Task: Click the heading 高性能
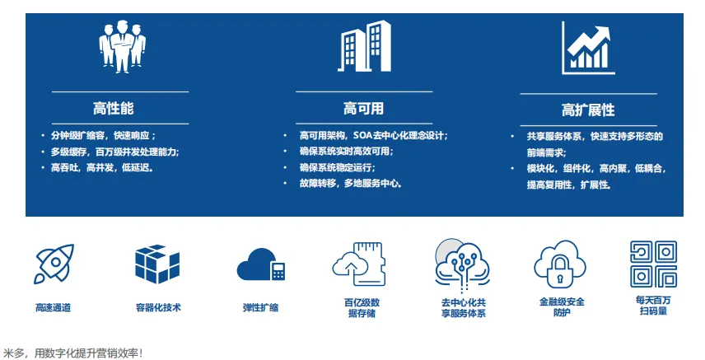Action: click(x=114, y=109)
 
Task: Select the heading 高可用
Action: click(x=364, y=109)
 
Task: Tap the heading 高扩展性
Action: click(x=588, y=110)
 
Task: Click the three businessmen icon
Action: click(x=122, y=46)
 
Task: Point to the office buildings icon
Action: click(x=365, y=46)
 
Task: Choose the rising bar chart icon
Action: click(x=588, y=48)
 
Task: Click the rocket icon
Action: click(x=54, y=264)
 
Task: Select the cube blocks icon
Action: click(x=157, y=264)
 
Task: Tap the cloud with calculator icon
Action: click(x=261, y=264)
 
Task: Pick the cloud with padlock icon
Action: click(x=560, y=264)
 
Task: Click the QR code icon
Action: click(x=653, y=264)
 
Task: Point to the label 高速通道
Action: click(x=53, y=308)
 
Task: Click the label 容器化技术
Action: click(x=158, y=308)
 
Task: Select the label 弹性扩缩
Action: click(x=261, y=308)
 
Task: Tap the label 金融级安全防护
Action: click(x=562, y=307)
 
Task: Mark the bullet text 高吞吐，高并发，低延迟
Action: click(x=102, y=168)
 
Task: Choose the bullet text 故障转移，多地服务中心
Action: click(x=351, y=183)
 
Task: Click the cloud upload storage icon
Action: click(x=359, y=264)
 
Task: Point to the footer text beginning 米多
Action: click(x=72, y=353)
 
